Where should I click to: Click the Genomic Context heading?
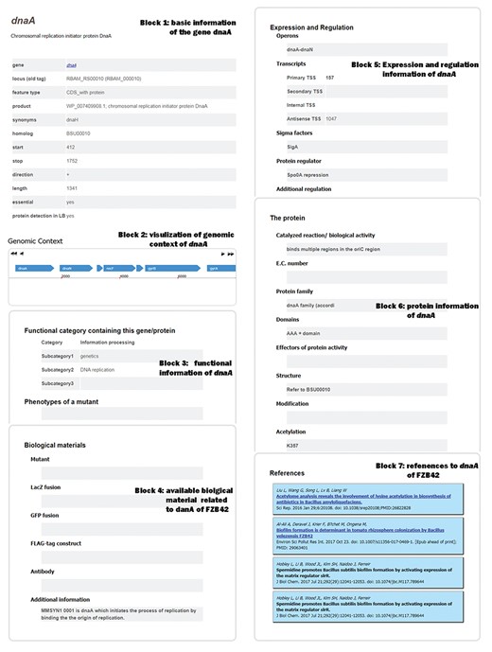tap(35, 241)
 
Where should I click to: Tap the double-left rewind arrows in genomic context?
tap(15, 255)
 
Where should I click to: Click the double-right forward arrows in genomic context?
tap(227, 255)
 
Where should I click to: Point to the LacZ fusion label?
tap(47, 485)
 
